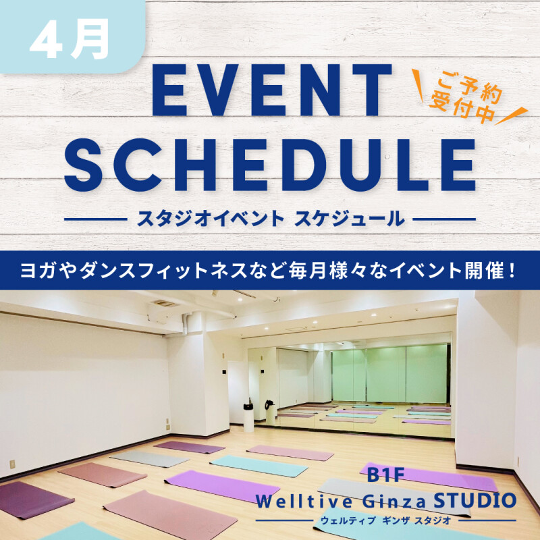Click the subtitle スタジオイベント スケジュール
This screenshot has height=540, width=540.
[x=271, y=219]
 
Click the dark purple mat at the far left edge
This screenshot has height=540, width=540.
[x=27, y=500]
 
